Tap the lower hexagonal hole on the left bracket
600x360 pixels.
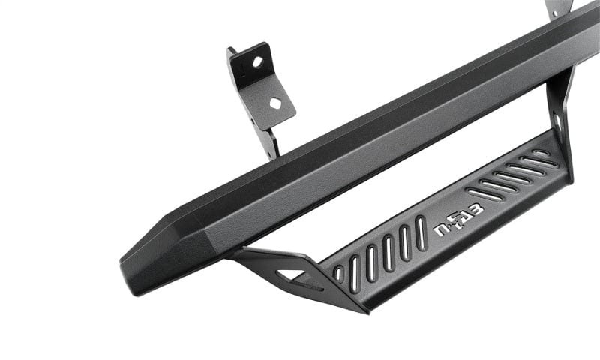point(274,103)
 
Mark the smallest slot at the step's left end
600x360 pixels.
point(337,273)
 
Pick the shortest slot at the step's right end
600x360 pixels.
point(541,154)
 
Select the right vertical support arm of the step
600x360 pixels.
point(559,120)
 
